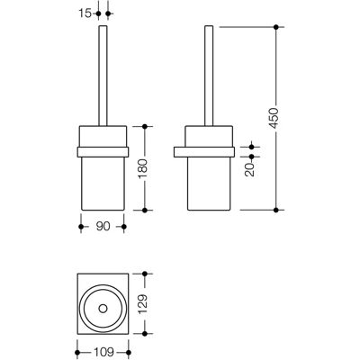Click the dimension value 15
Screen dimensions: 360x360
85,13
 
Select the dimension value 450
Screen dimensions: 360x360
274,117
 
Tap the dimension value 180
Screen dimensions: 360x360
143,168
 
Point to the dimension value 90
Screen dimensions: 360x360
103,227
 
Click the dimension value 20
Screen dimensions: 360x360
249,169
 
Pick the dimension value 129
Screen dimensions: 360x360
143,303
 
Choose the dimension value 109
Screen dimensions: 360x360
103,352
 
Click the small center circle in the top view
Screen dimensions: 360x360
103,309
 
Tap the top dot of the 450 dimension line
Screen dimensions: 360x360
276,27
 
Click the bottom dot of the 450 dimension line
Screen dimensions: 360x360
276,210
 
